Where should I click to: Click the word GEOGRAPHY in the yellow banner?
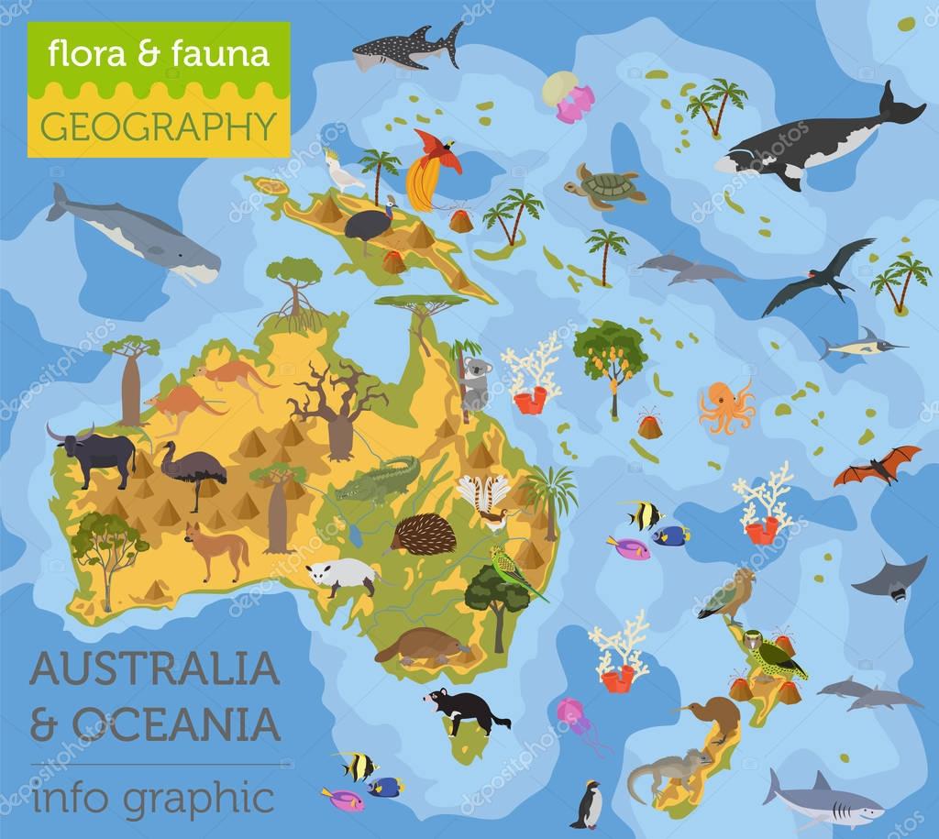(159, 125)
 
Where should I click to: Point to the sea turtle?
(604, 185)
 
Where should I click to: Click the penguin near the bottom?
(587, 806)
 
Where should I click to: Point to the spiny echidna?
(424, 534)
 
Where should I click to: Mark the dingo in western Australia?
(218, 550)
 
